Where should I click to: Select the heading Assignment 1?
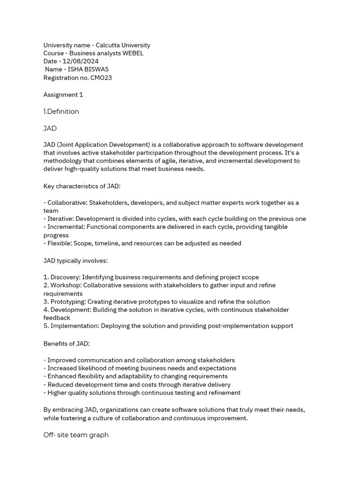[x=63, y=95]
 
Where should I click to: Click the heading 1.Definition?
[x=61, y=112]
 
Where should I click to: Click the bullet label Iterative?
[x=60, y=219]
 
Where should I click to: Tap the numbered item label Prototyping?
[x=67, y=302]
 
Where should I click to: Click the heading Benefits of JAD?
[x=67, y=344]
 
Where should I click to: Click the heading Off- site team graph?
[x=76, y=435]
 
